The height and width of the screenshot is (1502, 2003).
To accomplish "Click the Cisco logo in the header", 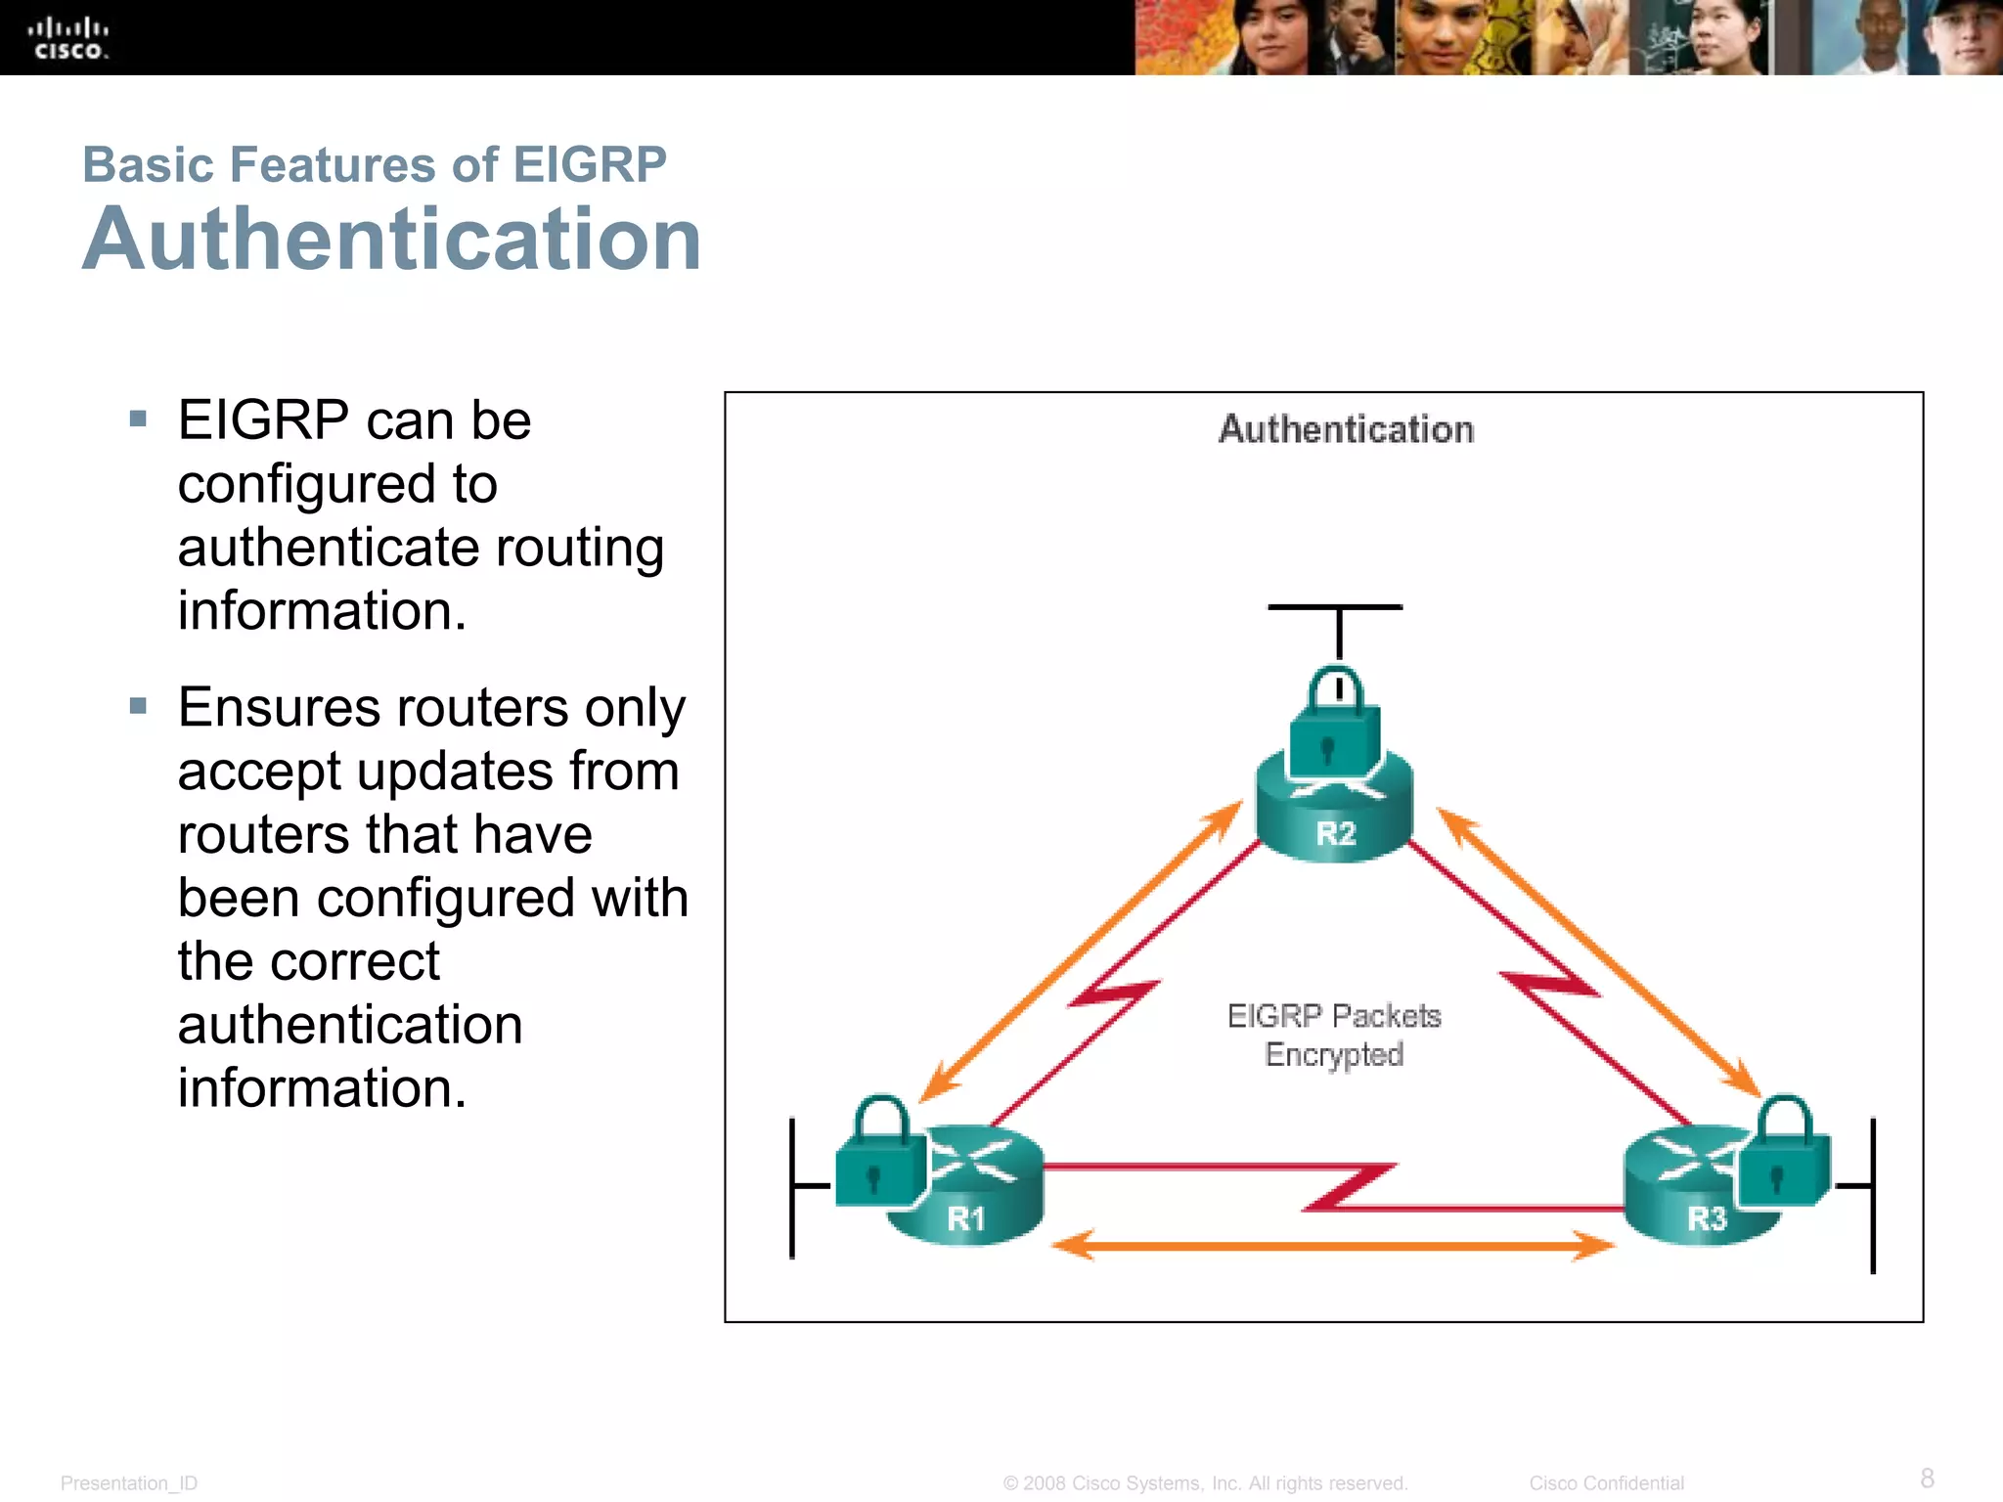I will (x=68, y=39).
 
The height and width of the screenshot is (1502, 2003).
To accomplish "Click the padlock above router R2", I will (x=1335, y=724).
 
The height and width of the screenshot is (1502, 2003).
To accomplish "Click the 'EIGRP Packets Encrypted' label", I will (x=1334, y=1036).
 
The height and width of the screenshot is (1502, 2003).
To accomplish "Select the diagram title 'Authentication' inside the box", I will (x=1346, y=430).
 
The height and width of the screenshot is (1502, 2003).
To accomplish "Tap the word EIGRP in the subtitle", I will (x=589, y=164).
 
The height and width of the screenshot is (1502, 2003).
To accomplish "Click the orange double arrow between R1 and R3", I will (x=1334, y=1246).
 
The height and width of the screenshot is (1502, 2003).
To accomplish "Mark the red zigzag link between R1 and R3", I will (x=1350, y=1187).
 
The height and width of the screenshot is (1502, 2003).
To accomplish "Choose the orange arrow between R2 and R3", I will (x=1599, y=953).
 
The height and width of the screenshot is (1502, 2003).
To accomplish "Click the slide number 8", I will (x=1927, y=1478).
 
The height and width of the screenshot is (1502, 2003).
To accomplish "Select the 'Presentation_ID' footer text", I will (x=129, y=1483).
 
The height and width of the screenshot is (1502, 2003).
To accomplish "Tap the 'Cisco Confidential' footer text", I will (x=1606, y=1483).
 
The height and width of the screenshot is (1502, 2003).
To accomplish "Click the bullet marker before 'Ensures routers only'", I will (x=138, y=706).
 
